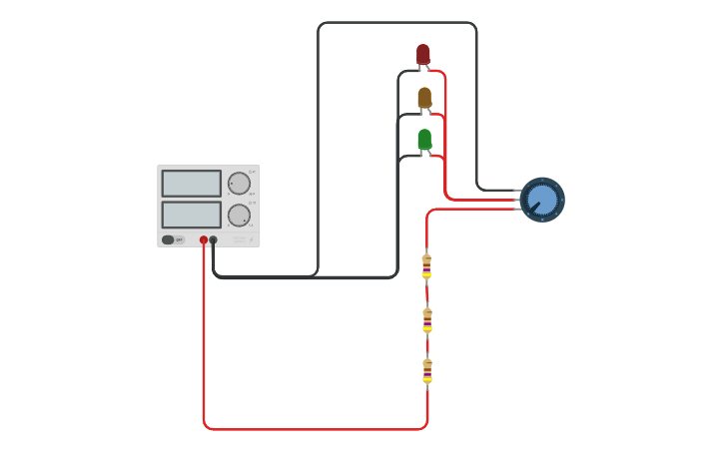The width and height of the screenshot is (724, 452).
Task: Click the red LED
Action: [x=423, y=54]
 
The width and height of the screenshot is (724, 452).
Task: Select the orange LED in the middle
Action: [x=424, y=97]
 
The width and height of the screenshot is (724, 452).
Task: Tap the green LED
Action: [x=424, y=139]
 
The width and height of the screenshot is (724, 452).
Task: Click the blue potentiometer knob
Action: [x=542, y=200]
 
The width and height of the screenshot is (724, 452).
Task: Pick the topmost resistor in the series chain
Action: [x=426, y=265]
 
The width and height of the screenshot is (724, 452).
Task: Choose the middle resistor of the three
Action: [x=426, y=319]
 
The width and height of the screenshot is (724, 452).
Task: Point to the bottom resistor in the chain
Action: [x=426, y=371]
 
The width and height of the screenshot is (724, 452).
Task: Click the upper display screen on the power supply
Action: [x=191, y=184]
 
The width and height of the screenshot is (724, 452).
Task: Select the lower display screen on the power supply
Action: [x=191, y=215]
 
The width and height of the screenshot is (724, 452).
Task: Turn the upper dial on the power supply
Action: [x=239, y=184]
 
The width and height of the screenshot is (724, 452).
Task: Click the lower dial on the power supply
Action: [x=239, y=216]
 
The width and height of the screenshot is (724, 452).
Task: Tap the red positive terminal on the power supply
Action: [x=204, y=239]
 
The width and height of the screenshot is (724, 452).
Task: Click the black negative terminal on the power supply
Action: [x=214, y=239]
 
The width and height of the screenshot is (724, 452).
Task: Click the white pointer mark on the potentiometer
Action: [x=534, y=208]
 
